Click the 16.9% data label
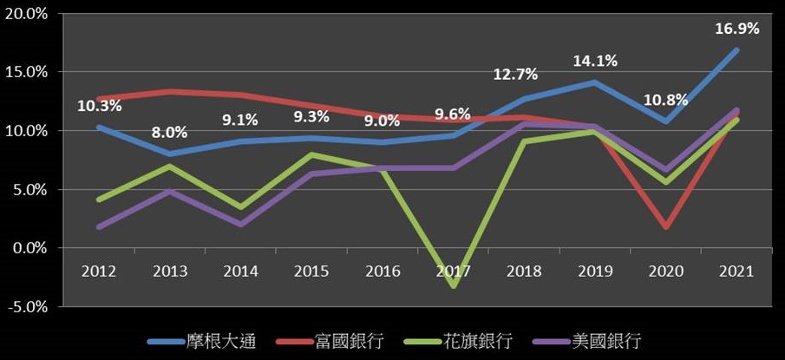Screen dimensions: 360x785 click(x=737, y=29)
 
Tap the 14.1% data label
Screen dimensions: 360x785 click(x=594, y=61)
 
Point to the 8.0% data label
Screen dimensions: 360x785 click(x=170, y=133)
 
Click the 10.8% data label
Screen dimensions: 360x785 click(x=665, y=99)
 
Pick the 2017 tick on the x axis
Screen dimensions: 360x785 click(x=453, y=271)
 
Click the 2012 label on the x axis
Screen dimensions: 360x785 click(x=100, y=271)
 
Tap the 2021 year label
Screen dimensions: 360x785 click(x=736, y=271)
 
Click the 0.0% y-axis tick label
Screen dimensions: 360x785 click(x=34, y=248)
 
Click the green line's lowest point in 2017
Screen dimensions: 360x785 click(x=453, y=285)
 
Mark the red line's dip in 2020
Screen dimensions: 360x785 click(x=665, y=226)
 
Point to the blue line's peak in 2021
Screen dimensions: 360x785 click(x=736, y=50)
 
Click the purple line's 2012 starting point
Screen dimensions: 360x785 click(x=100, y=226)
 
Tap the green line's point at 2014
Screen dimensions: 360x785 click(x=241, y=208)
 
